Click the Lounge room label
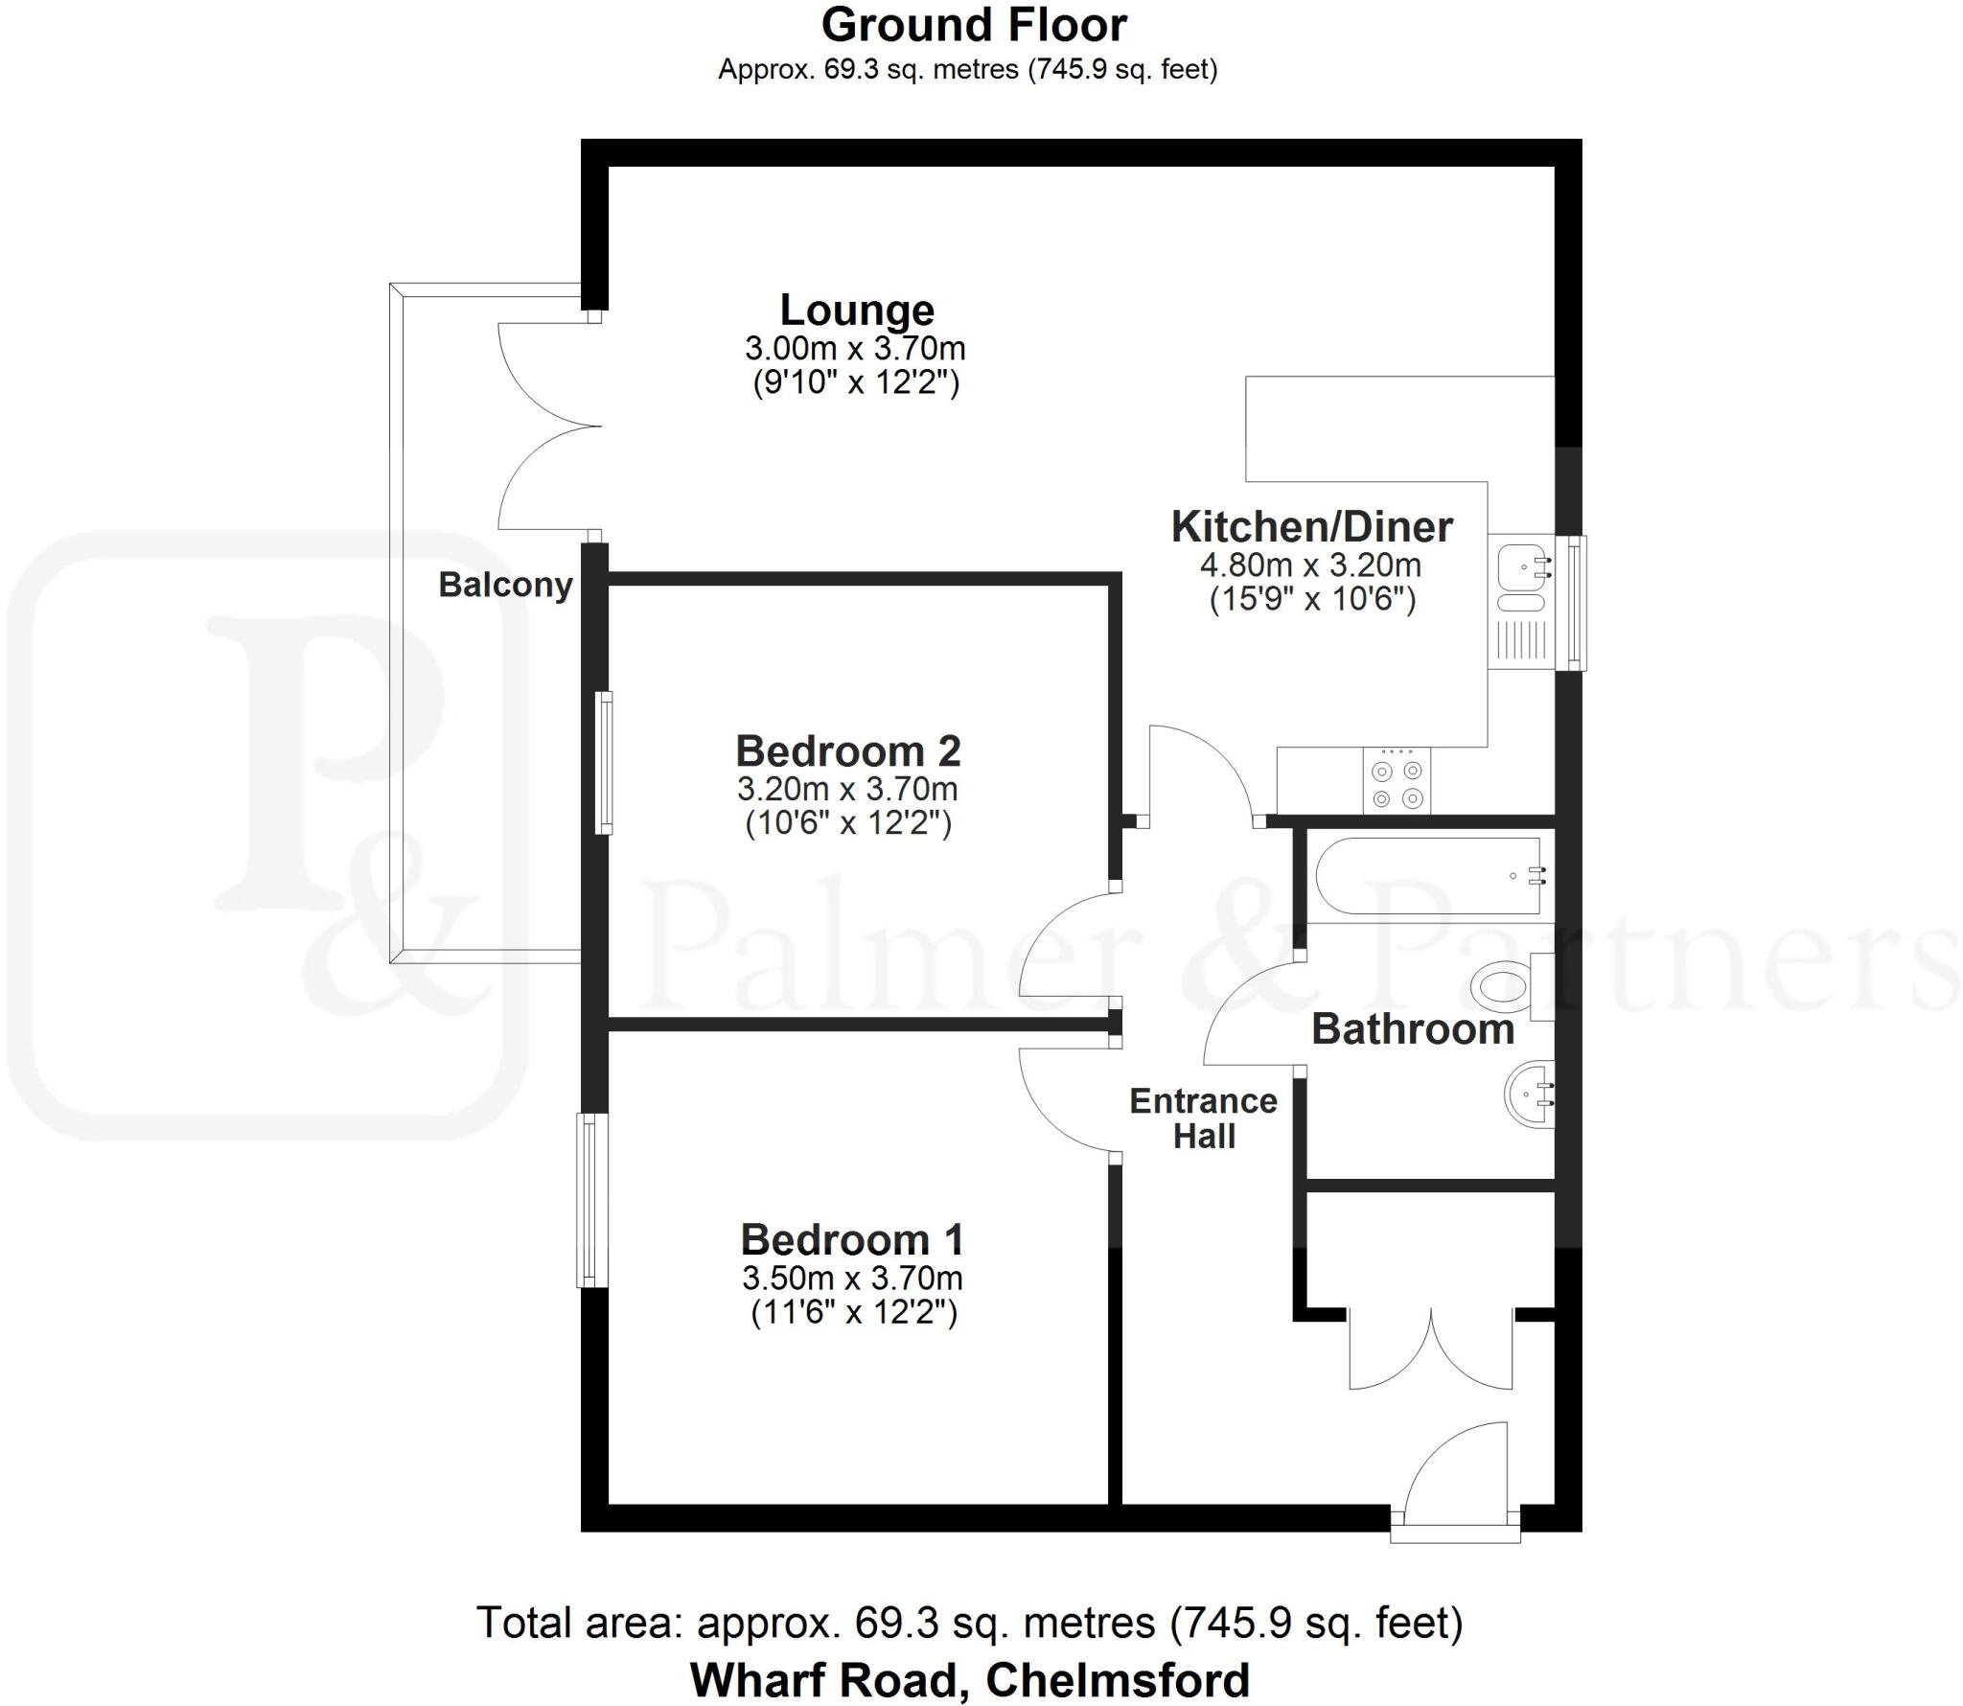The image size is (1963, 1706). [857, 311]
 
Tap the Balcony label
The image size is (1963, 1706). [505, 585]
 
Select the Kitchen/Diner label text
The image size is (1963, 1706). [1311, 527]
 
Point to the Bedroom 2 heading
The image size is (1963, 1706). [847, 750]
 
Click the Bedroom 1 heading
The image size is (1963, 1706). [851, 1239]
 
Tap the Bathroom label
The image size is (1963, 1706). [1412, 1029]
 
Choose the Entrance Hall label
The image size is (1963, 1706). [1203, 1118]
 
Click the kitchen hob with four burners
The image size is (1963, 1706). [1397, 783]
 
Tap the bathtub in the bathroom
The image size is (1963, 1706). [1428, 876]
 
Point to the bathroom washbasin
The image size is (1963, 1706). [1528, 1094]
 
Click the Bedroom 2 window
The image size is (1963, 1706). [604, 762]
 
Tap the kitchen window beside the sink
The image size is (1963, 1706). [1575, 602]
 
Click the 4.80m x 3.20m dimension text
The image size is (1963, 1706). [1310, 565]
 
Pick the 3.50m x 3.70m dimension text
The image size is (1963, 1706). [851, 1278]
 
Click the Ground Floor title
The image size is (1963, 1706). [974, 26]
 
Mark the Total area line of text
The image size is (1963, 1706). [969, 1623]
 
